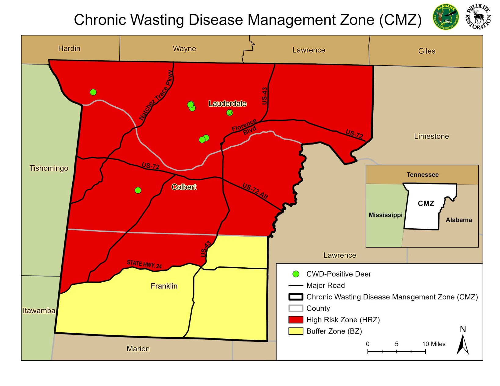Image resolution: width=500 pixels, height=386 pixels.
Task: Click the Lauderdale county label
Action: coord(227,104)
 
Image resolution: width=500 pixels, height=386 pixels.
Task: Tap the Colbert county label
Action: coord(184,187)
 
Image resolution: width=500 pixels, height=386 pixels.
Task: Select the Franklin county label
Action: coord(164,286)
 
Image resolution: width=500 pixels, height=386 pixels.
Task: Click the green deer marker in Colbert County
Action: coord(138,190)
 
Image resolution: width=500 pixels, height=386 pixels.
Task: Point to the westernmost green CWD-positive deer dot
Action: coord(93,92)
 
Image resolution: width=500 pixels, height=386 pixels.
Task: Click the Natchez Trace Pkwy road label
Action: coord(156,95)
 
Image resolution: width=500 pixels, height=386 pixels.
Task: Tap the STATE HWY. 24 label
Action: coord(144,264)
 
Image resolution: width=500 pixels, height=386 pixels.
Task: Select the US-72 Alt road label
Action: coord(255,191)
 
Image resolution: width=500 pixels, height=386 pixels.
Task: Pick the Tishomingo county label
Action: coord(49,168)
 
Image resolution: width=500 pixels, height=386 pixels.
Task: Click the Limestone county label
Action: coord(431,136)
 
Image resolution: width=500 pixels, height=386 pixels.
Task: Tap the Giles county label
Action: coord(426,51)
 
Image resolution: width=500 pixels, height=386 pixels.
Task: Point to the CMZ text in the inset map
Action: coord(426,203)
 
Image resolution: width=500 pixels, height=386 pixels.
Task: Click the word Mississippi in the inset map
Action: coord(386,215)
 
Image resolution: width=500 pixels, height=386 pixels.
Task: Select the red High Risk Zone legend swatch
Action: coord(296,320)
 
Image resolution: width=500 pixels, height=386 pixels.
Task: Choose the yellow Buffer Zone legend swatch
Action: coord(296,331)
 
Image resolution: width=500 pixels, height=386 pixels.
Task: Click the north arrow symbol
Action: coord(463,344)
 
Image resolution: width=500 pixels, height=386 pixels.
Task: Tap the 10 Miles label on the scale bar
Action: coord(434,344)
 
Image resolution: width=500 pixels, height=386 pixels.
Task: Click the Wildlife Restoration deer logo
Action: coord(478,17)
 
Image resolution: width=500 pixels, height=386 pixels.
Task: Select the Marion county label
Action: coord(138,349)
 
